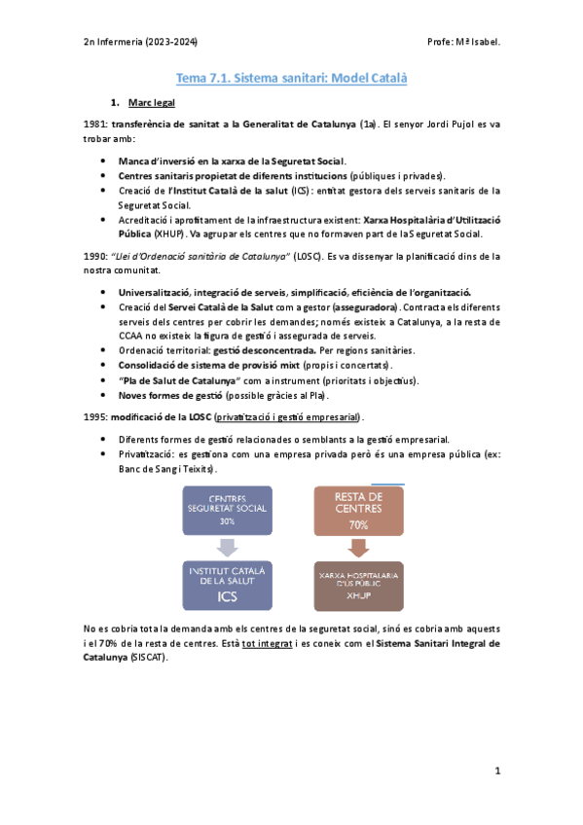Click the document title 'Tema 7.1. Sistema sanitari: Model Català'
(x=291, y=77)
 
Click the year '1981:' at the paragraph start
(x=96, y=125)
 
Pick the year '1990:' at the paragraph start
(x=96, y=256)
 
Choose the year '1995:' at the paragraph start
(x=96, y=415)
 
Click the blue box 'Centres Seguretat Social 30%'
(x=227, y=511)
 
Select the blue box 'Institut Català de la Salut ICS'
(x=227, y=584)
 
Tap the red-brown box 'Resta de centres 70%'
(x=357, y=511)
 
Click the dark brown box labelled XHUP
(x=357, y=584)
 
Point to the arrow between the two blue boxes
(x=227, y=548)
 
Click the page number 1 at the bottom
(x=496, y=771)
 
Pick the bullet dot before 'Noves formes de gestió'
(x=104, y=396)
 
